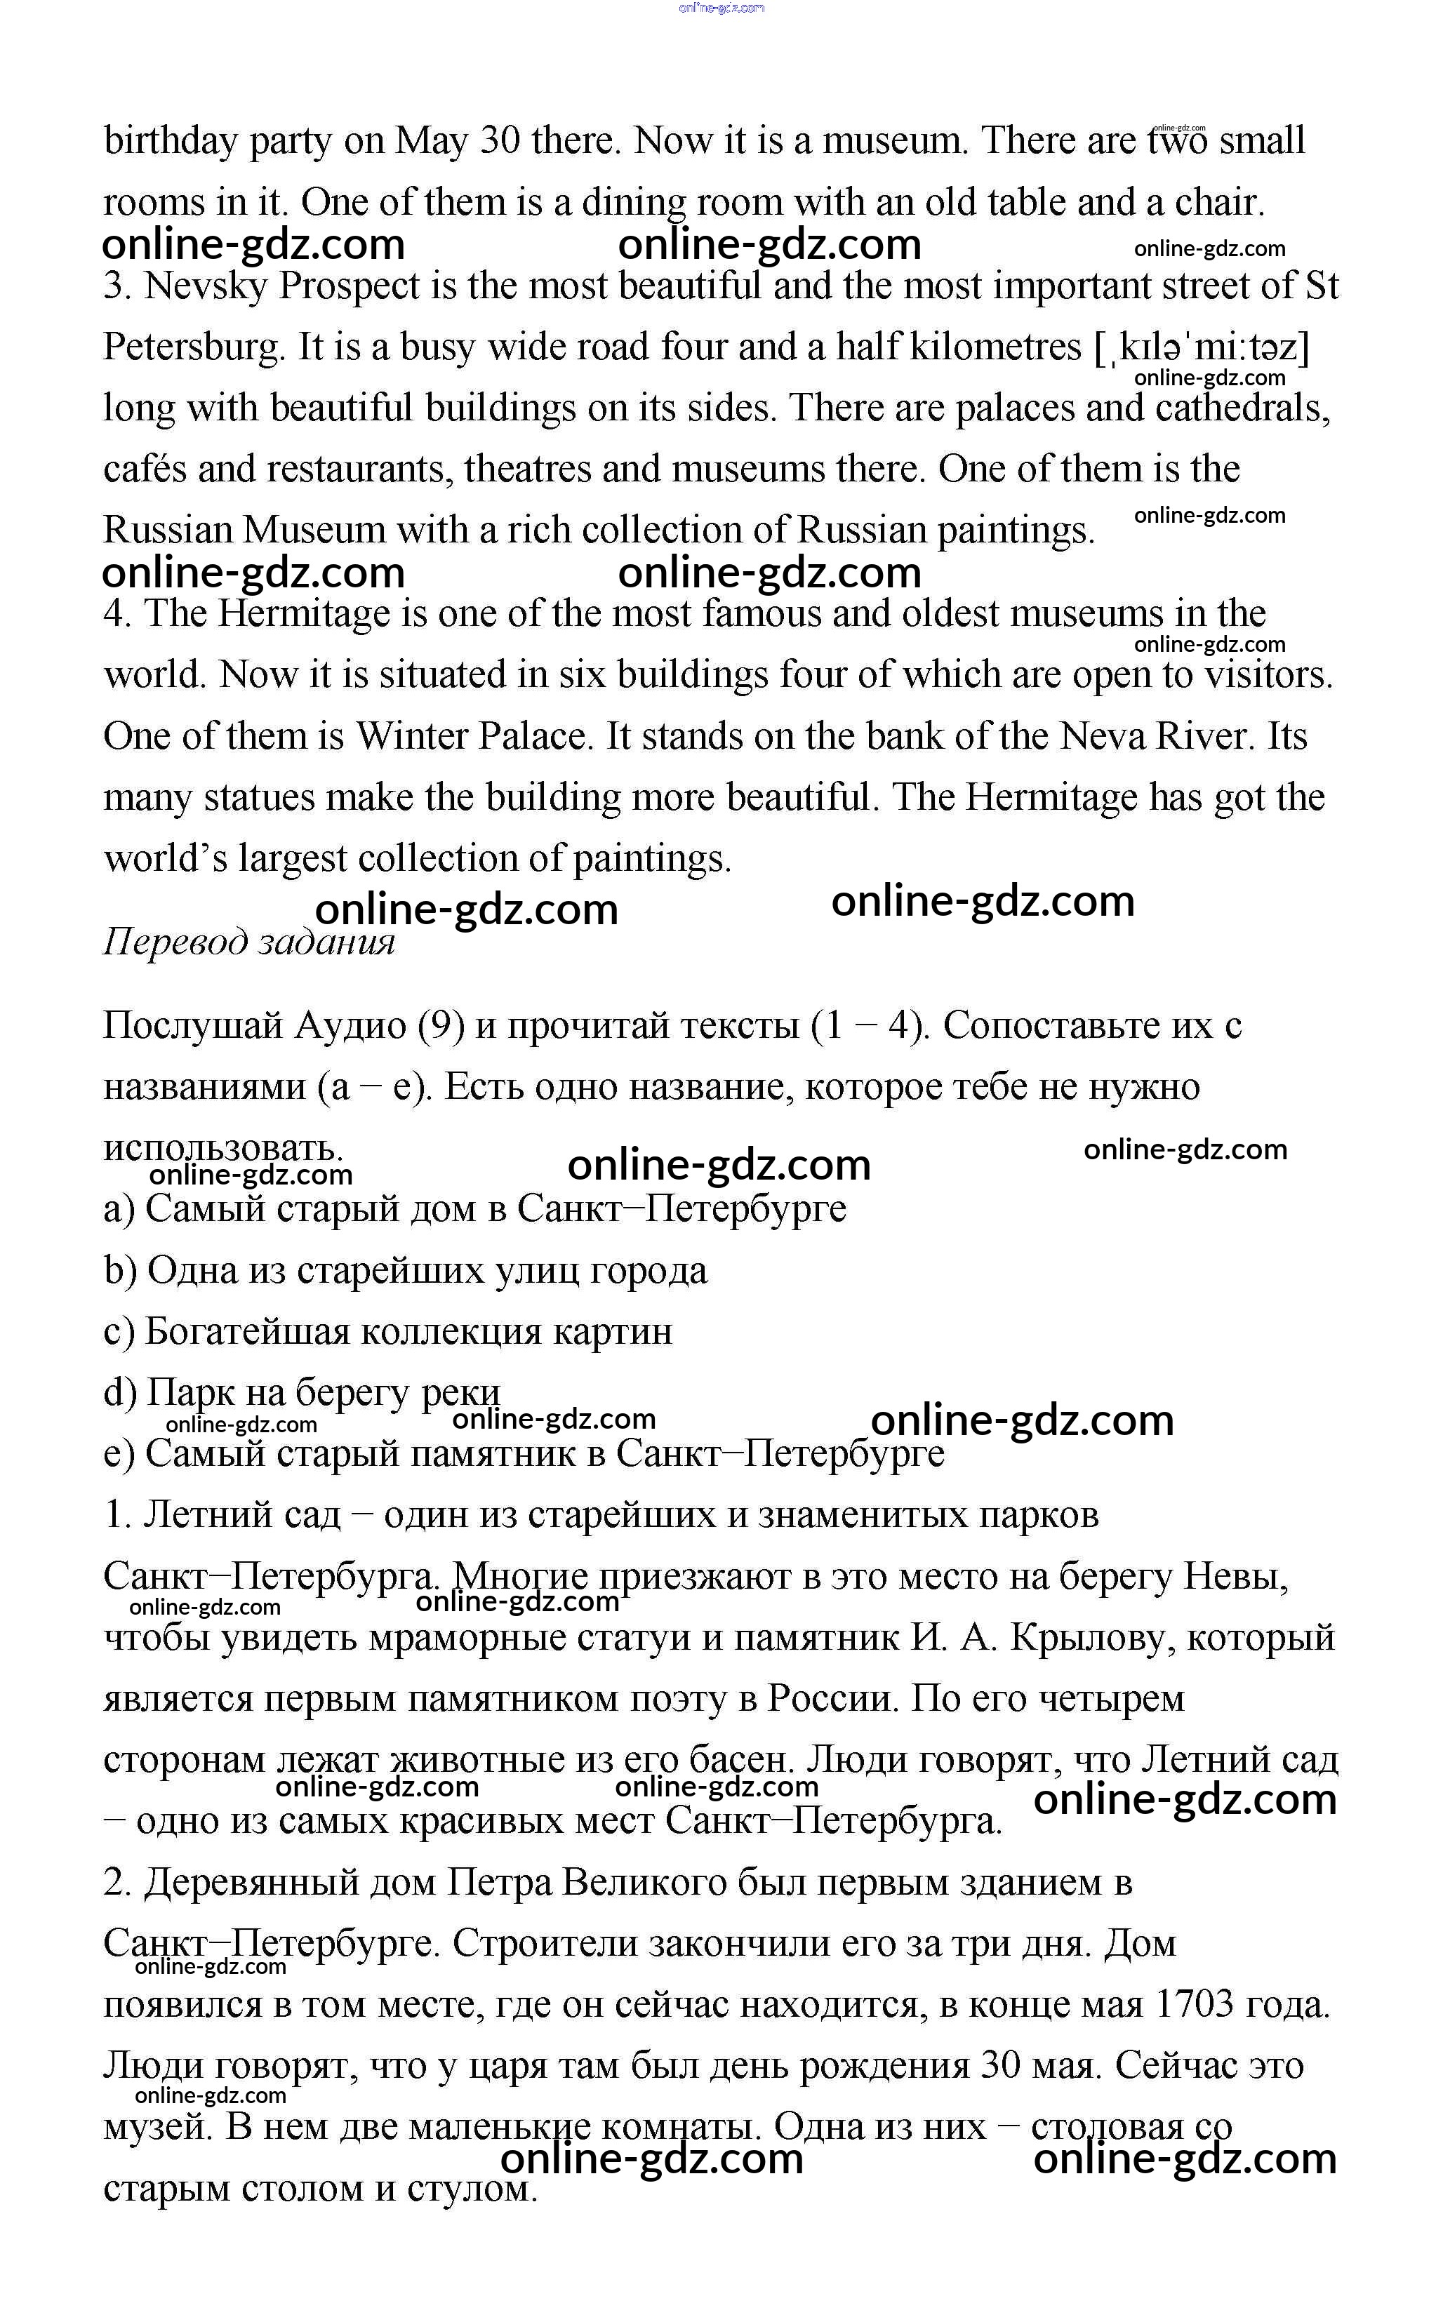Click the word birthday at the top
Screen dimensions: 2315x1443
tap(171, 141)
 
